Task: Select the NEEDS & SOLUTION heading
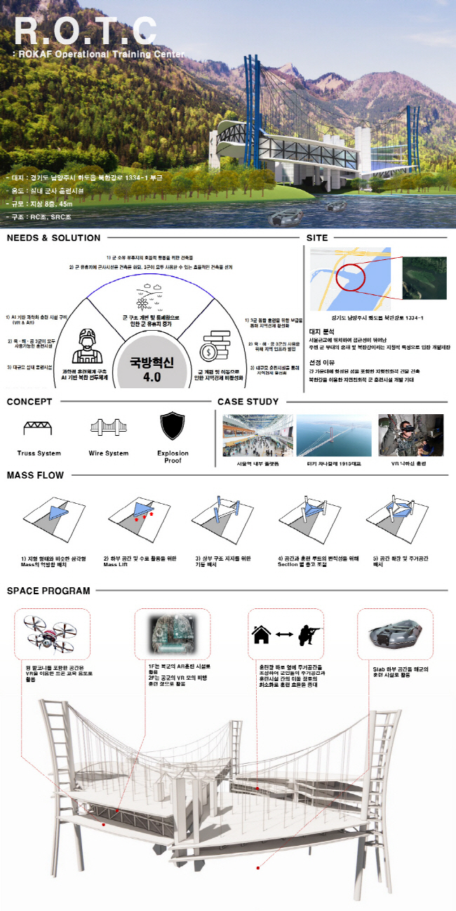pos(53,238)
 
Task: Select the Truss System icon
pos(39,427)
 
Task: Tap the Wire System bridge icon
pos(109,427)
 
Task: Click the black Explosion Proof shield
pos(173,426)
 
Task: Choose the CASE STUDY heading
pos(248,402)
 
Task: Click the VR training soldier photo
pos(410,435)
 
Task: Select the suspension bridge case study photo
pos(334,435)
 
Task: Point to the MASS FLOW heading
pos(35,475)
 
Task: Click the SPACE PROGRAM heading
pos(48,591)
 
